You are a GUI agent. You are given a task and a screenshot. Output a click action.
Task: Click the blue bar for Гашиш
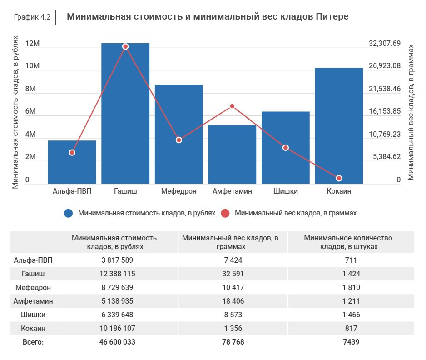click(x=125, y=114)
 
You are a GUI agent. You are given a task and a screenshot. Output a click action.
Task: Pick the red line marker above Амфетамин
click(x=232, y=106)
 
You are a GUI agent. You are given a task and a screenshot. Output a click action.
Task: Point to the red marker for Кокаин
click(x=339, y=178)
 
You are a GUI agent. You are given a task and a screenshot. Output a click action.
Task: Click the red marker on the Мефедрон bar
click(x=179, y=140)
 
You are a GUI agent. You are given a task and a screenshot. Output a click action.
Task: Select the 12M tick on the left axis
click(x=33, y=44)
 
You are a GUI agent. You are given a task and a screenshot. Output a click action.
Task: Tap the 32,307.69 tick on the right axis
click(x=384, y=44)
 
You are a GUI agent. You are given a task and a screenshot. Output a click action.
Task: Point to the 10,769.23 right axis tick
click(x=384, y=134)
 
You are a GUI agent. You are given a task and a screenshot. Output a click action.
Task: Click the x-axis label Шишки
click(x=285, y=191)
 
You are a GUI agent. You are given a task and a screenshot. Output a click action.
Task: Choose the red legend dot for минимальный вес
click(x=225, y=213)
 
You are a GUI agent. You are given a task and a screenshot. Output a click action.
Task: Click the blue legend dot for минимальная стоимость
click(x=69, y=213)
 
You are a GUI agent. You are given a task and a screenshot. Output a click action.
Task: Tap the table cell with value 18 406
click(x=232, y=301)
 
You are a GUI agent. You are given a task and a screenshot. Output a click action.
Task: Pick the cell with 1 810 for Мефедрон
click(x=351, y=287)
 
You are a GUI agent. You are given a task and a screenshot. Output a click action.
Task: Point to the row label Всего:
click(x=33, y=342)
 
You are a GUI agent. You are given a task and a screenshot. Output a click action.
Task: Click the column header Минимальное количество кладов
click(x=348, y=242)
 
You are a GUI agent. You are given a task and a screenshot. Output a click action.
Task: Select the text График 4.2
click(x=32, y=17)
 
